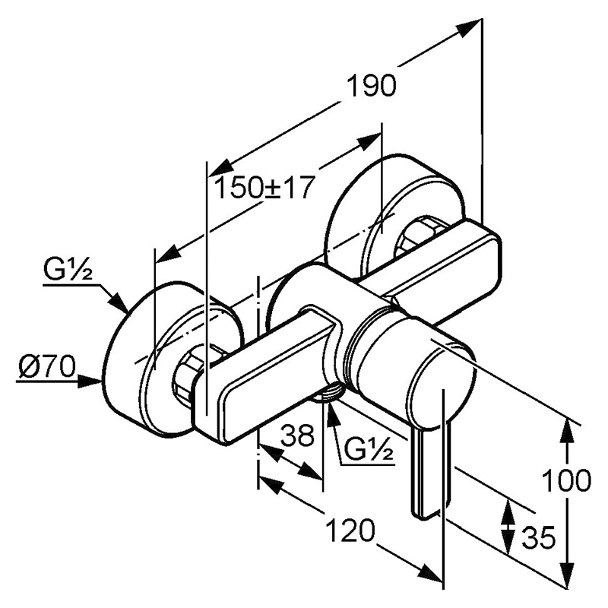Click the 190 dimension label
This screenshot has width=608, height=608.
(371, 86)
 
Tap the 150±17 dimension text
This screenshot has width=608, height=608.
(263, 188)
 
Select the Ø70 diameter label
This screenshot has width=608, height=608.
(46, 366)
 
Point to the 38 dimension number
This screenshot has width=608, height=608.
(297, 435)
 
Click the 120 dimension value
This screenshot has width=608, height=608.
(351, 530)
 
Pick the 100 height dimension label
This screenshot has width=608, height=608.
(566, 480)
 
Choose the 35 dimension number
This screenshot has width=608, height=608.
(539, 538)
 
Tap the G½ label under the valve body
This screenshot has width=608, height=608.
(369, 448)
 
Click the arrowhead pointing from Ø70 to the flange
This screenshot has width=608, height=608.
(90, 382)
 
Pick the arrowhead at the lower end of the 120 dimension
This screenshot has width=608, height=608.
(430, 577)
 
